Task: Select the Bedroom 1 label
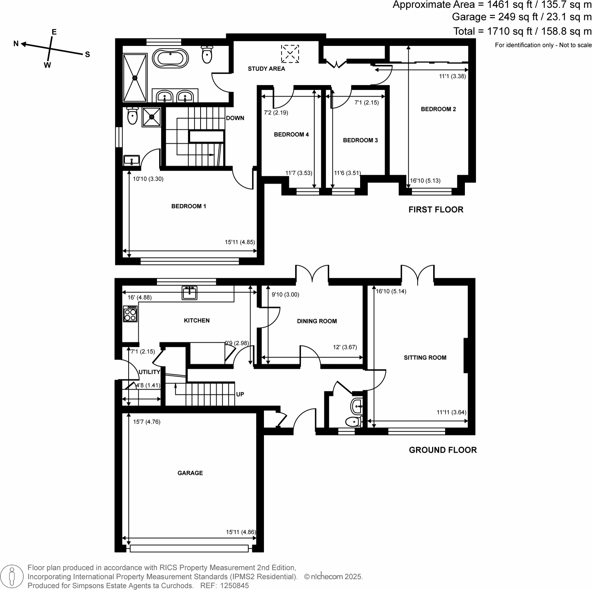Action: [189, 206]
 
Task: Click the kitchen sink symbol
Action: [190, 293]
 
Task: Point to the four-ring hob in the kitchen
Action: [130, 314]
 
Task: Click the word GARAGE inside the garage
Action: [190, 473]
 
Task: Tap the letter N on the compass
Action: [16, 44]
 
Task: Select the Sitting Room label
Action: [425, 358]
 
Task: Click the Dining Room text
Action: [317, 321]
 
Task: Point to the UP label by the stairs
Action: [240, 394]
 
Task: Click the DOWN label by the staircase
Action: [235, 118]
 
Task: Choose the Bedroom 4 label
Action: [291, 135]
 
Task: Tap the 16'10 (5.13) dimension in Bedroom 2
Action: [425, 181]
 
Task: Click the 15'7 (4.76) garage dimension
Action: [147, 422]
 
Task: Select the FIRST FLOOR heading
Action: [436, 210]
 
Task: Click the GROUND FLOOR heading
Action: [443, 450]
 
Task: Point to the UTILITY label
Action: [149, 372]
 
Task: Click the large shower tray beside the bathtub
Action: [135, 78]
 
